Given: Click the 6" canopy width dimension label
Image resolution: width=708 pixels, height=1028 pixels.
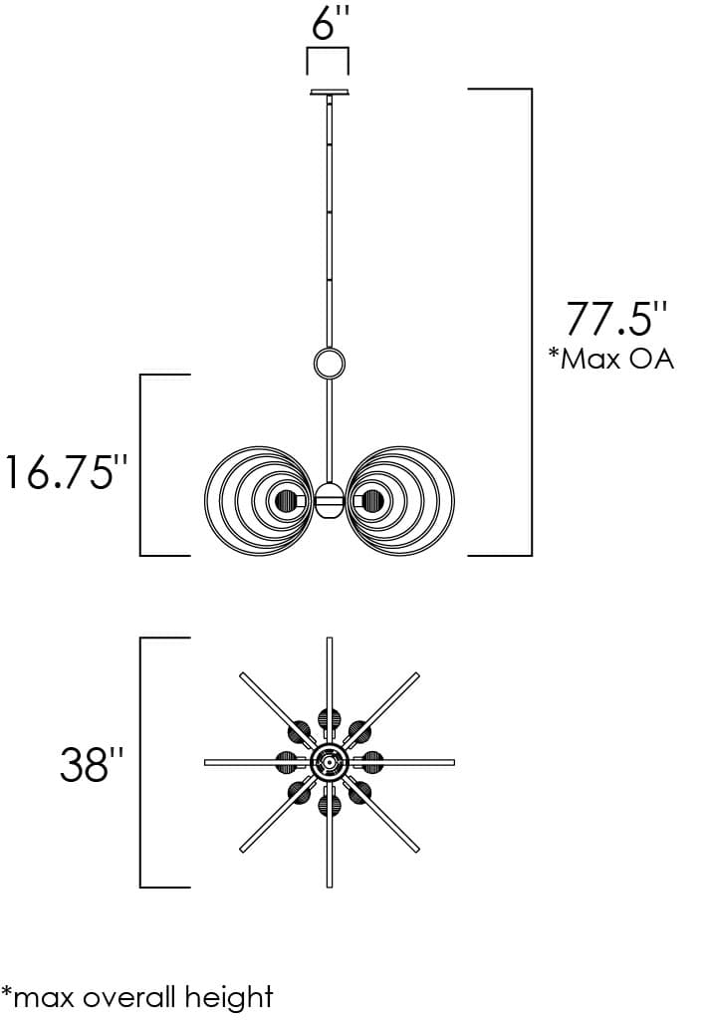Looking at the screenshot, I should pos(328,22).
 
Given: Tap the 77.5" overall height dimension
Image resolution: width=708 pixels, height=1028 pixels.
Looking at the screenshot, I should pos(615,317).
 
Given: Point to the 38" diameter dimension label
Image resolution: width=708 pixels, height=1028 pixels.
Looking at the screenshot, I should pos(93,765).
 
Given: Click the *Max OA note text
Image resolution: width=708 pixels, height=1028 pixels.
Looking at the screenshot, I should pos(610,359).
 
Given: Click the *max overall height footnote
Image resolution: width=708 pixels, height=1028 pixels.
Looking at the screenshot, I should pos(137,995).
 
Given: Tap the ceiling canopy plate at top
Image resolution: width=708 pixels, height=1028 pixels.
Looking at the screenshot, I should pos(329,93).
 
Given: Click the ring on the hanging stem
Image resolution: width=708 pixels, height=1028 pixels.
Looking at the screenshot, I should pos(329,363).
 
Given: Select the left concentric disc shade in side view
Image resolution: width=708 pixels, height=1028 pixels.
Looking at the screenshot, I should pos(258,499).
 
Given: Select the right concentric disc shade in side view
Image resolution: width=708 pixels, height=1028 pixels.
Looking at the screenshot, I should pos(399,499).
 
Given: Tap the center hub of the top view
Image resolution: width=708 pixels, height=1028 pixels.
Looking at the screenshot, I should pos(329,763).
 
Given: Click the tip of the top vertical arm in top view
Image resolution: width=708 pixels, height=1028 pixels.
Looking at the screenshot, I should pos(329,641).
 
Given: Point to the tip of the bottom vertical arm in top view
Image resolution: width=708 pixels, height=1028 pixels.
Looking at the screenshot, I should pos(329,885).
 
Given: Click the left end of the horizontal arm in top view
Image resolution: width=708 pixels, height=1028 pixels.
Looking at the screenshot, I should pos(207,763).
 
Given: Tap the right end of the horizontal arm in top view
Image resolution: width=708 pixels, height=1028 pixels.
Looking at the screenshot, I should pos(452,763).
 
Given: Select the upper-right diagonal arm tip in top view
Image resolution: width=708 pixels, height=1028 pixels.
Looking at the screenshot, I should pos(415,676).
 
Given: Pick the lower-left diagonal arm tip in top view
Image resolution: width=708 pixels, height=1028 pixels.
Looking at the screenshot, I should pos(243,850).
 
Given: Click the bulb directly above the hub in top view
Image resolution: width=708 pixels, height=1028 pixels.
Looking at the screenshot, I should pos(329,719).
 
